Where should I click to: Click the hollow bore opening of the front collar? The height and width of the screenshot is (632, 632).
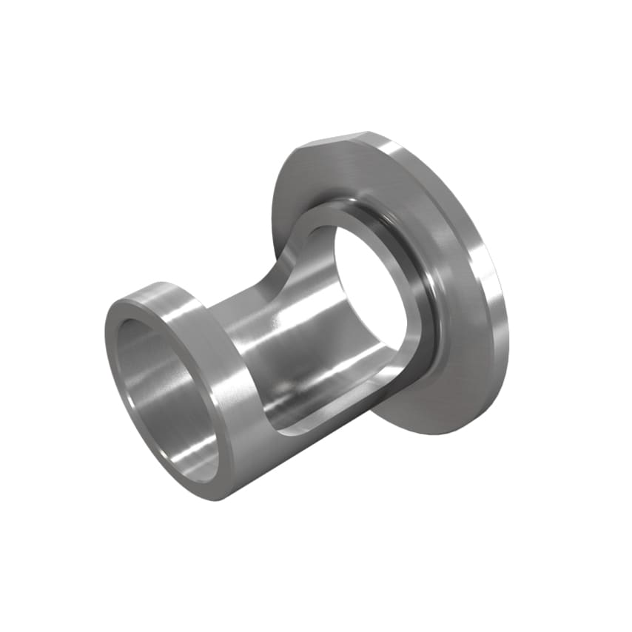tap(159, 385)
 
